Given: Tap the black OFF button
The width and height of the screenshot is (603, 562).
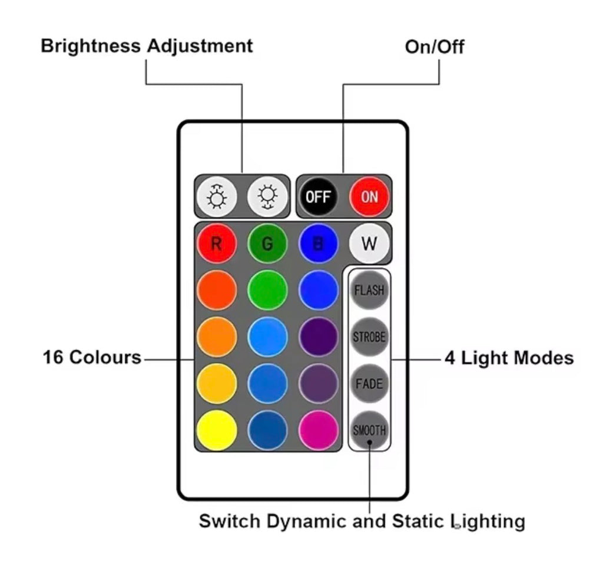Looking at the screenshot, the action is click(x=318, y=197).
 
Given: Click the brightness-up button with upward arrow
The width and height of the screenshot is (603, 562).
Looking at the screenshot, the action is click(x=217, y=197).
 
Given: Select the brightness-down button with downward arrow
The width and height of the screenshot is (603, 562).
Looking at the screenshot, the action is click(x=267, y=197).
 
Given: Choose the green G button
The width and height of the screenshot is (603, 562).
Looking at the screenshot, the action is click(x=267, y=243).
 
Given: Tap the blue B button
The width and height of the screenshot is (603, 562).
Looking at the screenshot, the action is click(x=318, y=243).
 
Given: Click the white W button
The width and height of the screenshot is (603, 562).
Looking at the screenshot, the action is click(x=369, y=243).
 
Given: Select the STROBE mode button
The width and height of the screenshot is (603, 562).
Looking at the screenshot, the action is click(x=369, y=337).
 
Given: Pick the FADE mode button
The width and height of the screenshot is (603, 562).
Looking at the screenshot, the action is click(x=369, y=383).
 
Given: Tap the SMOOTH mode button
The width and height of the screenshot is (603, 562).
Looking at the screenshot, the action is click(x=369, y=430).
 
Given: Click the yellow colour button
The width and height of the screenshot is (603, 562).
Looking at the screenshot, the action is click(x=217, y=430).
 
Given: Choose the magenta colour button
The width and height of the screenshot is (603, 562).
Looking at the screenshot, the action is click(x=318, y=430).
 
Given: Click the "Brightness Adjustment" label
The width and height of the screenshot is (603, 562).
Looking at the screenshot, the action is click(x=147, y=46).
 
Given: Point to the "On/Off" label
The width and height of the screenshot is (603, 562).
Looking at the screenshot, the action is click(x=435, y=47).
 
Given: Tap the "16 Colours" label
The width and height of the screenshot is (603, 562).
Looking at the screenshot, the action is click(x=92, y=357).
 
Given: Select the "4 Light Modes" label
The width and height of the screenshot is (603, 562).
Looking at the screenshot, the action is click(x=509, y=358).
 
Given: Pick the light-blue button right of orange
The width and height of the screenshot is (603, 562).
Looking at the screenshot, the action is click(x=267, y=337).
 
